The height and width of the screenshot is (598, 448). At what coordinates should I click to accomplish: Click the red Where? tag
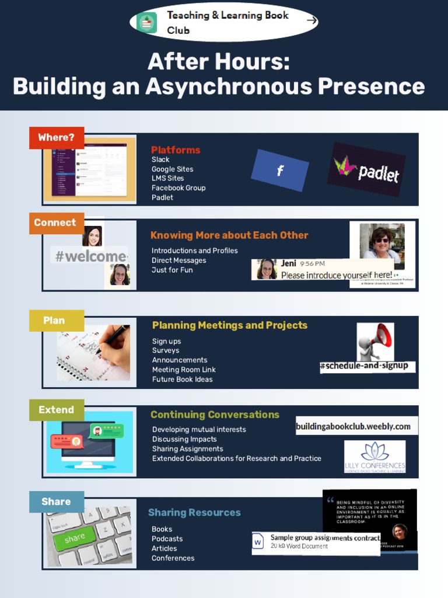[x=57, y=138]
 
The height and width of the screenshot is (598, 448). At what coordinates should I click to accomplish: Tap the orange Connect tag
[x=55, y=223]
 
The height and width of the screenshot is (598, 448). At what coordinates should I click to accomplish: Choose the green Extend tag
[x=57, y=410]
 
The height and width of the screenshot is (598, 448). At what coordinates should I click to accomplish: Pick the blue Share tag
[x=56, y=502]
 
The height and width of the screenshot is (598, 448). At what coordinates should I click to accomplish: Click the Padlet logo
[x=366, y=169]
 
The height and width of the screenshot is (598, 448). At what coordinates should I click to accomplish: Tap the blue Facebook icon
[x=280, y=171]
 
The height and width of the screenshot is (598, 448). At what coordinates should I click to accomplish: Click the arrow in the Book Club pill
[x=311, y=21]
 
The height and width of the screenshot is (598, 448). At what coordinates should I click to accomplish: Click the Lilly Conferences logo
[x=374, y=456]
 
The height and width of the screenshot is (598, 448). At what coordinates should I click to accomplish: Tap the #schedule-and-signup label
[x=367, y=366]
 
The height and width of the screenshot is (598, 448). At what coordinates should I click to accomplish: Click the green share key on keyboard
[x=75, y=538]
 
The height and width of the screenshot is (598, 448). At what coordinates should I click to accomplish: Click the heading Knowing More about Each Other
[x=229, y=235]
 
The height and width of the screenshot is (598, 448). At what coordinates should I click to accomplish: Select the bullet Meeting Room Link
[x=184, y=370]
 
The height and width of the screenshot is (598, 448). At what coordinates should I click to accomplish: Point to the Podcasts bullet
[x=167, y=539]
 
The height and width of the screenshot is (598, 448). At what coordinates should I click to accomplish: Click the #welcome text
[x=89, y=256]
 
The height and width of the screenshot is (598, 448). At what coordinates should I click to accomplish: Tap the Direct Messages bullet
[x=178, y=260]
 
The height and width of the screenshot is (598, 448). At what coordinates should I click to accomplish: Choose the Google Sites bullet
[x=172, y=169]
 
